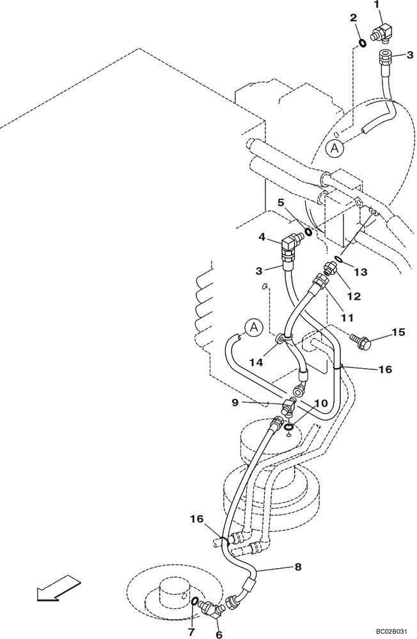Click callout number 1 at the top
[377, 6]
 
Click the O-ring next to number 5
[308, 231]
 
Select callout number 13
[361, 272]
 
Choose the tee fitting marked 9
[290, 404]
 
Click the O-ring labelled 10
[289, 427]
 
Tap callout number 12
[354, 296]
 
